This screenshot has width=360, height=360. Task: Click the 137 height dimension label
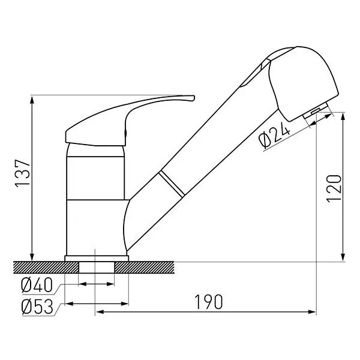[x=23, y=173]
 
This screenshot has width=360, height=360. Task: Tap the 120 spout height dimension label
[x=334, y=189]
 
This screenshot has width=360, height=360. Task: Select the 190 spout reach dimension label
[x=208, y=302]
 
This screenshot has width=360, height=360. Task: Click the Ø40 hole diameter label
[x=37, y=286]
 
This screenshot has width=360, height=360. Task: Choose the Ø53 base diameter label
[x=37, y=307]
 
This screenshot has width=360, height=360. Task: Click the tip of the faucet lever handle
[x=194, y=98]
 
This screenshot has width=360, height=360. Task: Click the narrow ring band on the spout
[x=172, y=184]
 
